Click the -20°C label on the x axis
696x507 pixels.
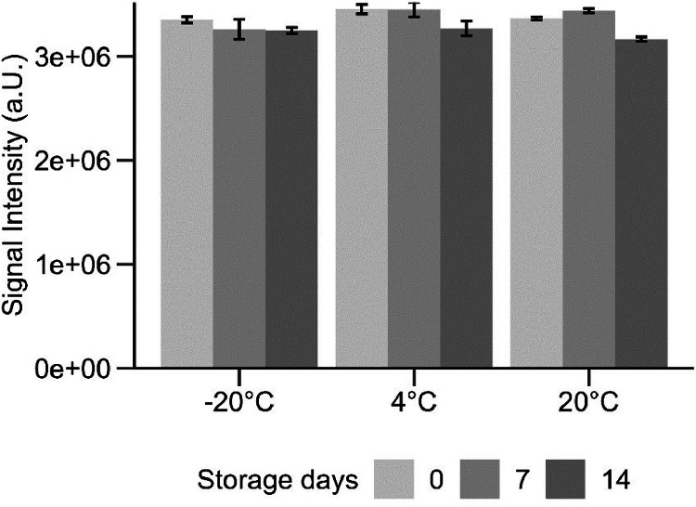[x=238, y=405]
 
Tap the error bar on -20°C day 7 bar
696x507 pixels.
[x=238, y=29]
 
